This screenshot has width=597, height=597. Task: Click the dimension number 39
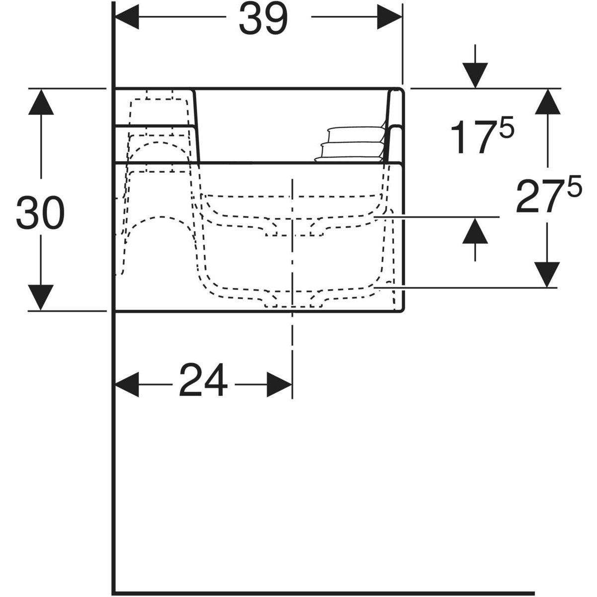[x=263, y=19]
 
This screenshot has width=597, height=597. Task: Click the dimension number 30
[x=40, y=212]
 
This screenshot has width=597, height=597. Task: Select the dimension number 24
[x=203, y=380]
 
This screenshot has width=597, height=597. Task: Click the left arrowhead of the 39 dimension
[x=127, y=17]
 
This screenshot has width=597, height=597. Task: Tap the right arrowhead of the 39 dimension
[x=390, y=17]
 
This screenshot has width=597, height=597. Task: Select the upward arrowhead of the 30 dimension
[x=41, y=101]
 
